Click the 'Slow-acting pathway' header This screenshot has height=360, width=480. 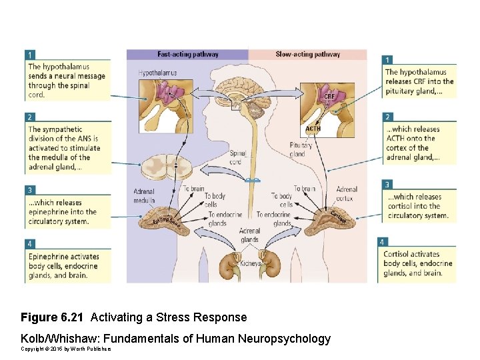pyautogui.click(x=307, y=54)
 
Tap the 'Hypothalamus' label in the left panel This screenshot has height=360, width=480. pyautogui.click(x=157, y=72)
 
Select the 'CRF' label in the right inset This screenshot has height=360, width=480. pyautogui.click(x=329, y=97)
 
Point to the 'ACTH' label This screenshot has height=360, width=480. pyautogui.click(x=313, y=129)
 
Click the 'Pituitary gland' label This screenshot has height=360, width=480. pyautogui.click(x=301, y=149)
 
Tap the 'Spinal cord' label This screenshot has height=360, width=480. pyautogui.click(x=237, y=157)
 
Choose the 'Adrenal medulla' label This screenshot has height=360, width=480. pyautogui.click(x=144, y=195)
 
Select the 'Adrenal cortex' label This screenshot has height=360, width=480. pyautogui.click(x=347, y=193)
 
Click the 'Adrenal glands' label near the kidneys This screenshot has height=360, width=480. pyautogui.click(x=249, y=235)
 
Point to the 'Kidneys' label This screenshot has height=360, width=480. pyautogui.click(x=251, y=264)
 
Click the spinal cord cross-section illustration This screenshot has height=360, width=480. pyautogui.click(x=176, y=165)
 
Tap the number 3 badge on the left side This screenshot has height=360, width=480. pyautogui.click(x=30, y=190)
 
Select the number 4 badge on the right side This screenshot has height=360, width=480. pyautogui.click(x=382, y=241)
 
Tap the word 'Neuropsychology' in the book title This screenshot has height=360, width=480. pyautogui.click(x=289, y=339)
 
